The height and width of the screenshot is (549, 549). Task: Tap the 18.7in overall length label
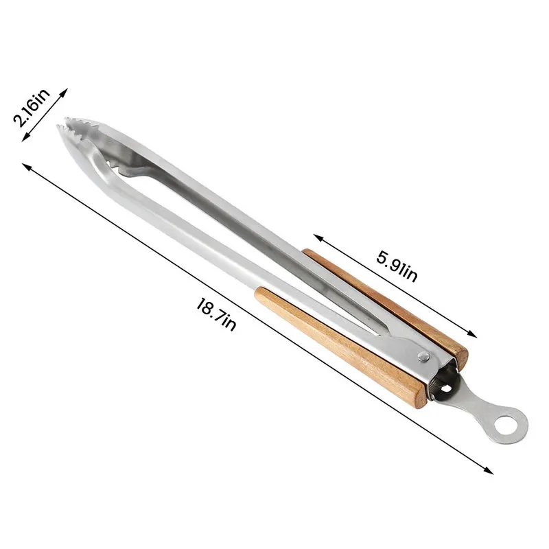pos(215,315)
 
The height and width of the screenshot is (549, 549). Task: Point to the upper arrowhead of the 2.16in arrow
pos(67,90)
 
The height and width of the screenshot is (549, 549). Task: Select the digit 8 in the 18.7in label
pos(206,309)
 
